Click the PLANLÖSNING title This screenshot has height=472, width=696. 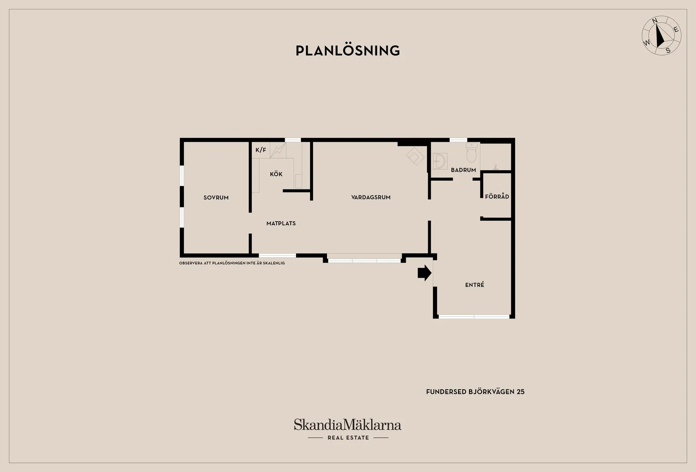tap(348, 51)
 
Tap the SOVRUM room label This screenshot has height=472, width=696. tap(216, 198)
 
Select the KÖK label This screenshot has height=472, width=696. tap(276, 174)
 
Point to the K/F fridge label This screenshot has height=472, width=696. tap(261, 150)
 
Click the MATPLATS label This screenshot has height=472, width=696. tap(281, 224)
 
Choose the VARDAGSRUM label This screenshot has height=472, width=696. tap(371, 197)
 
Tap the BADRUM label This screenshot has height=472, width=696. tap(463, 170)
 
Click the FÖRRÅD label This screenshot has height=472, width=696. tap(497, 196)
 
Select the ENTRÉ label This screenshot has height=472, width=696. tap(475, 284)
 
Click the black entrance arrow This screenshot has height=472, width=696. tap(424, 273)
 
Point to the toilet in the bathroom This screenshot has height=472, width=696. tap(471, 153)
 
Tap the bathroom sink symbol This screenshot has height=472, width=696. tap(440, 161)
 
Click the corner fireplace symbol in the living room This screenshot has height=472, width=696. tap(415, 156)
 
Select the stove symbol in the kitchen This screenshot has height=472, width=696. tap(278, 151)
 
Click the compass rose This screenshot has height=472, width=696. tap(661, 36)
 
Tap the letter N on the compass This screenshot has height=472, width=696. tap(655, 21)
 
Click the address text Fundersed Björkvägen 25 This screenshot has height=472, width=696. tap(475, 392)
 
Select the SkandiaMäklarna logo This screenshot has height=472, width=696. tap(348, 424)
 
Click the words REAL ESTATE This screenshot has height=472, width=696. tap(348, 438)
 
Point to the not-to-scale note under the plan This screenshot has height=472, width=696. tap(232, 263)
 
